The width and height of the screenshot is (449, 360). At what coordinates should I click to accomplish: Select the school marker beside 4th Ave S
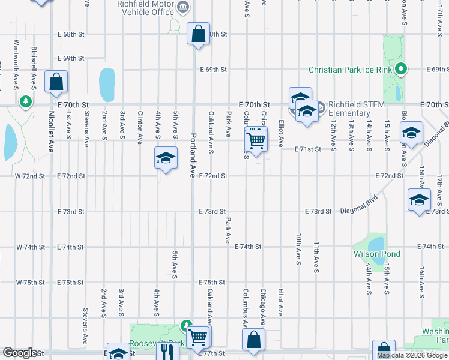tap(166, 159)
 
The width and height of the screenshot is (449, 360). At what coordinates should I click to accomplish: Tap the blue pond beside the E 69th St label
tap(107, 85)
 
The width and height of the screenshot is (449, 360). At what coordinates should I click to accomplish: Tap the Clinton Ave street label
tap(140, 128)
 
